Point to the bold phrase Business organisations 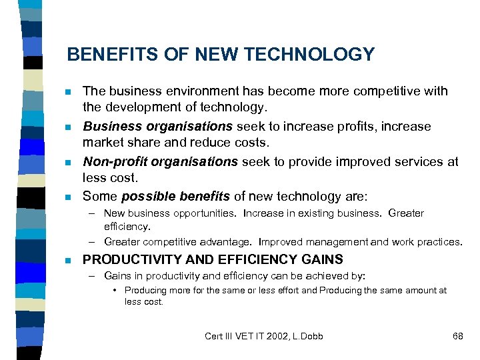point(157,127)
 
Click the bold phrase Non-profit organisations point(160,162)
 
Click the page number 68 point(457,336)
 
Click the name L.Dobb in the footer point(307,336)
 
